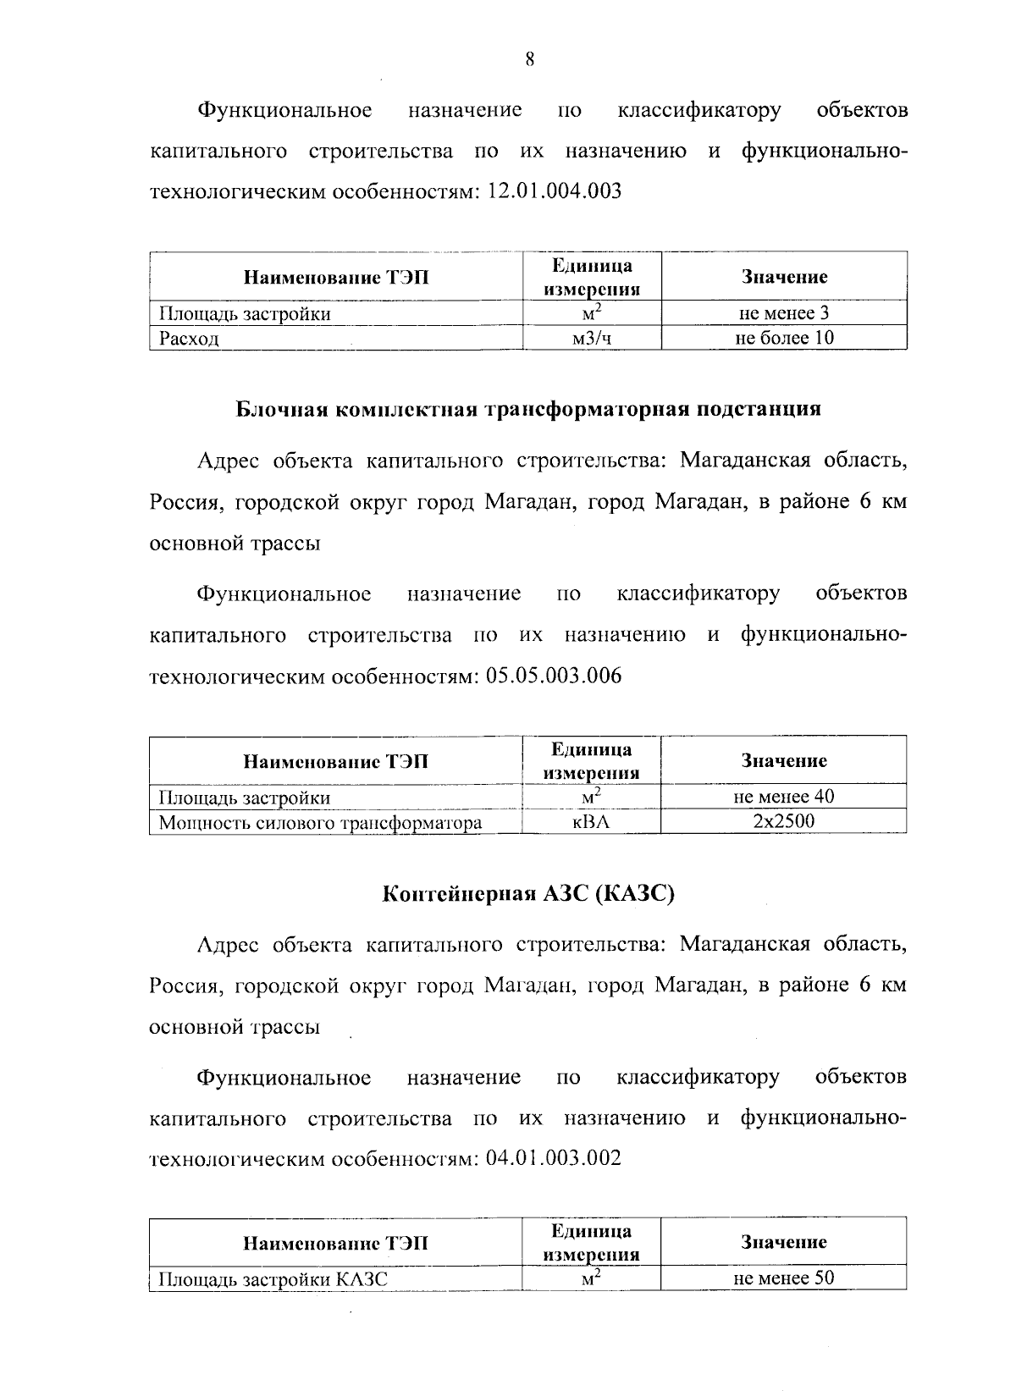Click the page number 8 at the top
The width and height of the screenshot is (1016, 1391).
(x=529, y=59)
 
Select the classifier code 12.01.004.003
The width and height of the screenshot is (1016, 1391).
(x=555, y=191)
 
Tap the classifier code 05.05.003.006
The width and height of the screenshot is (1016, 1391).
(x=555, y=676)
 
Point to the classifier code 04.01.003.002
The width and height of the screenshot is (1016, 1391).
(x=555, y=1158)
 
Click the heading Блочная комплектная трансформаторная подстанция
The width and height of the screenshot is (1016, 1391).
(x=528, y=409)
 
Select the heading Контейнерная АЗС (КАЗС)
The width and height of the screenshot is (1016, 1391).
(x=528, y=894)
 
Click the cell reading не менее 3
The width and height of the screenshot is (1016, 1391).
(x=784, y=313)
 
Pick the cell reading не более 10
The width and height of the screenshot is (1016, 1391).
(x=784, y=338)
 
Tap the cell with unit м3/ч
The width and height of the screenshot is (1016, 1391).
(x=592, y=339)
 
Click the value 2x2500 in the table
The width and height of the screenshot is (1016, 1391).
(x=784, y=821)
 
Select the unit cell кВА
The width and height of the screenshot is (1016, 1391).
(x=591, y=821)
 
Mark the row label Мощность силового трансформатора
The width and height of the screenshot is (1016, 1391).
(x=321, y=822)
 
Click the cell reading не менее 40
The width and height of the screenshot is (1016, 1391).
(x=784, y=797)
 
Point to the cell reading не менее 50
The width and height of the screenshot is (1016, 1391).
(x=784, y=1278)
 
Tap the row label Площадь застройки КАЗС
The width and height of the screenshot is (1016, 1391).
(x=273, y=1279)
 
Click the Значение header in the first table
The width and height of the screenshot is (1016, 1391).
(x=784, y=277)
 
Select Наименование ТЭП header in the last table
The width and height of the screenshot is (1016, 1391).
(x=335, y=1243)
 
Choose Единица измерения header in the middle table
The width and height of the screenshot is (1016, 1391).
(x=591, y=761)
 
